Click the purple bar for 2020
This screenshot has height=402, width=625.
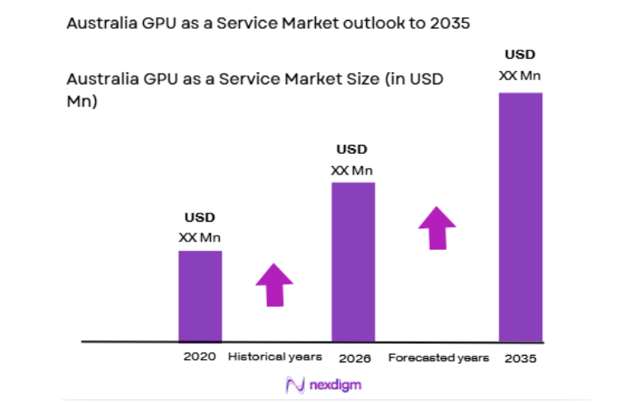(x=200, y=295)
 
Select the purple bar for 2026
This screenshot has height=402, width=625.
(x=353, y=261)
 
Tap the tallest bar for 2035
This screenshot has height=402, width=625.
(x=521, y=217)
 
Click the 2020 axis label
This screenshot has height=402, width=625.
(x=199, y=357)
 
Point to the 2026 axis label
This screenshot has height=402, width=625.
(x=354, y=358)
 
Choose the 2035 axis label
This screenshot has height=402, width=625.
(x=522, y=358)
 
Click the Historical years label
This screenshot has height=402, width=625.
(x=274, y=357)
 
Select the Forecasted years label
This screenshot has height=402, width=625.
(x=438, y=358)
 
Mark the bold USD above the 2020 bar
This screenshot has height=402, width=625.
(x=199, y=218)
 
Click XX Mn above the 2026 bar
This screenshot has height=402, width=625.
(x=352, y=170)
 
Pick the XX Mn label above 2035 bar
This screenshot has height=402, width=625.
(x=520, y=75)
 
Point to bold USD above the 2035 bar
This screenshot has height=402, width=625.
(x=520, y=55)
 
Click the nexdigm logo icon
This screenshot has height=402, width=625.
(x=294, y=385)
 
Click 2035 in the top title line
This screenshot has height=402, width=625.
(x=450, y=23)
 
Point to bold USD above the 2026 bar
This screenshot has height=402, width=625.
(x=352, y=150)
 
